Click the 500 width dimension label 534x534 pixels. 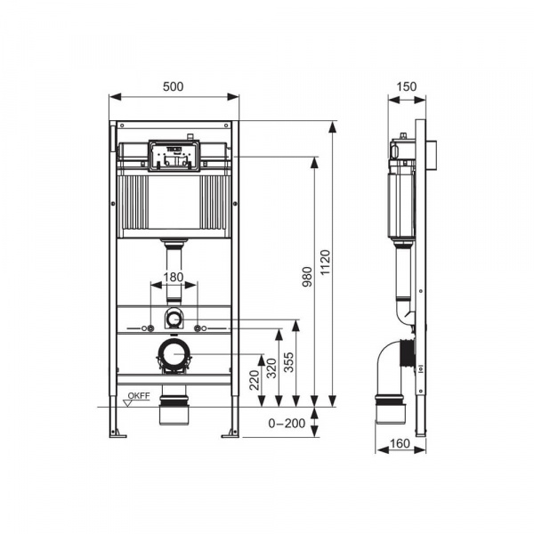point(174,87)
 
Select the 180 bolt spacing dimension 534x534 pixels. point(174,277)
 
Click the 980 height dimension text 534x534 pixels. point(305,281)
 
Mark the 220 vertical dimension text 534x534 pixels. point(255,381)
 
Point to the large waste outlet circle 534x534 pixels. point(174,354)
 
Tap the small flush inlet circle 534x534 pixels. point(174,318)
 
